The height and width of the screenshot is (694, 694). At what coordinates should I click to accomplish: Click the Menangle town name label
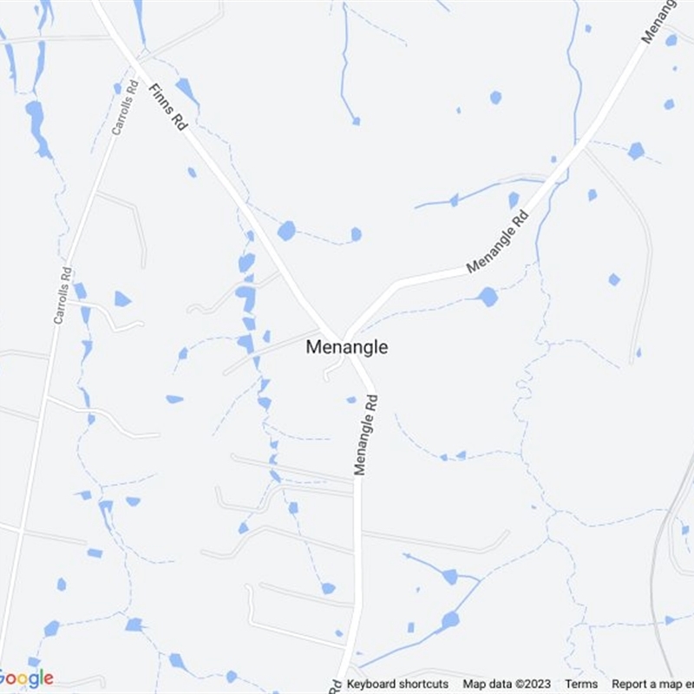[346, 347]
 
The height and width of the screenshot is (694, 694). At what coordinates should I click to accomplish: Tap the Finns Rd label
[168, 108]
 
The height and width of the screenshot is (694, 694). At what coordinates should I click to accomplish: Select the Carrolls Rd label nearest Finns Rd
[125, 108]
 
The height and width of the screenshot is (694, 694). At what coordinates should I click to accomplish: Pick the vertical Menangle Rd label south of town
[368, 435]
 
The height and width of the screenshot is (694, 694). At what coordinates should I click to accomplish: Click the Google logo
[26, 678]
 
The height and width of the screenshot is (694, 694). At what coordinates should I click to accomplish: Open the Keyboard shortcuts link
[397, 684]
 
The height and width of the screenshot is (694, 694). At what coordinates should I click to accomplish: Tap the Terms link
[581, 684]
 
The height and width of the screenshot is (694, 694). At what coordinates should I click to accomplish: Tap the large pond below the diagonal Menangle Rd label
[488, 297]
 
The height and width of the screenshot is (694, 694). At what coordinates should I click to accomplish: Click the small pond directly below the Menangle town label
[351, 400]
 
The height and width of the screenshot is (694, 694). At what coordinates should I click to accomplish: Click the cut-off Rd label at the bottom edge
[335, 685]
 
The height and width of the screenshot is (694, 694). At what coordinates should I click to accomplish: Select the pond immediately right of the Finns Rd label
[185, 87]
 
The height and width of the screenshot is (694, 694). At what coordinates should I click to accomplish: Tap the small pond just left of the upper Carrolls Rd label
[117, 88]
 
